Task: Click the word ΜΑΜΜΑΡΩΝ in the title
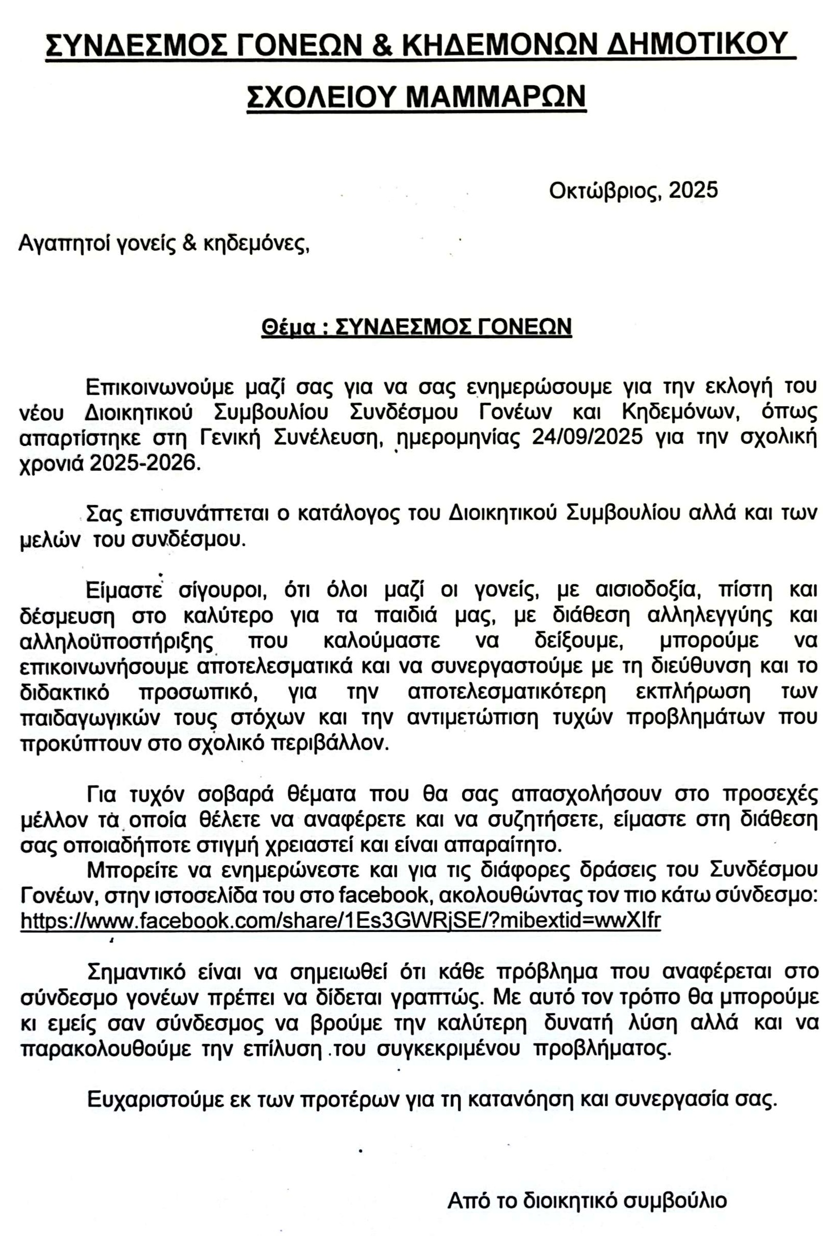pyautogui.click(x=495, y=96)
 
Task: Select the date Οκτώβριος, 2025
pyautogui.click(x=633, y=190)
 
